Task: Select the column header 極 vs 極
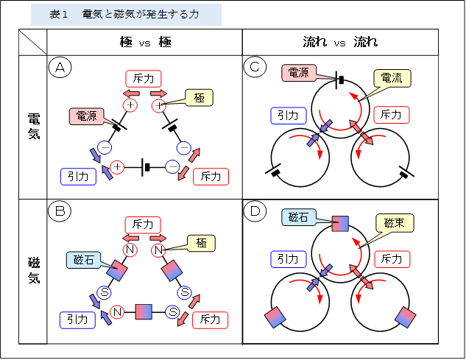[145, 42]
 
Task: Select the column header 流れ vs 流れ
[340, 42]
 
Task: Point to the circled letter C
[255, 68]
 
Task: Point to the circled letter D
[255, 212]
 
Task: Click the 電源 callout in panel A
[86, 116]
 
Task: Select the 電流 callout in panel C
[392, 79]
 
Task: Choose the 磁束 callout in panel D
[392, 222]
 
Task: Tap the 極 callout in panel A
[200, 98]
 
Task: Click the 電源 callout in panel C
[299, 72]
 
